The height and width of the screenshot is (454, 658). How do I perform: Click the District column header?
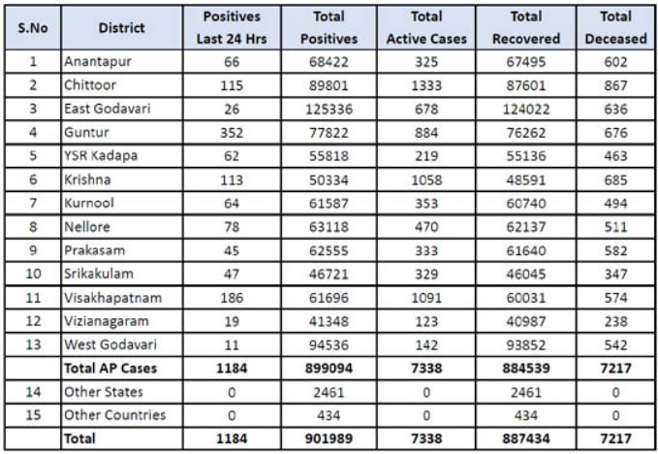coord(121,27)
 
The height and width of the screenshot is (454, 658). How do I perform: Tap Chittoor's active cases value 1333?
coord(426,85)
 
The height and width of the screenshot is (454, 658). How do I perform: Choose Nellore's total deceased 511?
coord(615,226)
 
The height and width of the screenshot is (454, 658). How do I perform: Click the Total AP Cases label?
coord(110,368)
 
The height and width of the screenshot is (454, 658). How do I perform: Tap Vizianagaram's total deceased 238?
coord(615,320)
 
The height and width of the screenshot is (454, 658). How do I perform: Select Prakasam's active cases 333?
coord(426,250)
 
